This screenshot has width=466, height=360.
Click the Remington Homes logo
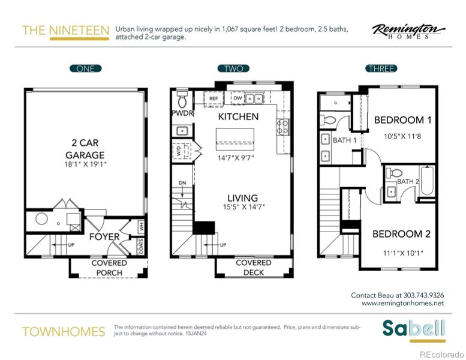coord(408,31)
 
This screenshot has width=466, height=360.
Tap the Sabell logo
coord(414,329)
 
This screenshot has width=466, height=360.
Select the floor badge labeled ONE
coord(85,68)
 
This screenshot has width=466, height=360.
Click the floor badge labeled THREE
coord(381,68)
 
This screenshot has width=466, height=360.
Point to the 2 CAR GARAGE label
coord(85,149)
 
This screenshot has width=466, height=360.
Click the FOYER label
coord(104,236)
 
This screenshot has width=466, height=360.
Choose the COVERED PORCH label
coord(109,268)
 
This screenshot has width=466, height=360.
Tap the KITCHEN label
coord(238,116)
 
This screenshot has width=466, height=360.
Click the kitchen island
coord(235,139)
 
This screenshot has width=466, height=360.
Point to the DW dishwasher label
coord(237,98)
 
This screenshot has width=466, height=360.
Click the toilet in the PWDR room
coord(182,98)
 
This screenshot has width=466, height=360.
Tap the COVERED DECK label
coord(253,268)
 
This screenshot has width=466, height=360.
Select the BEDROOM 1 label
coord(402,120)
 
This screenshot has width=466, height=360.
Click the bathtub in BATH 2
coord(427,182)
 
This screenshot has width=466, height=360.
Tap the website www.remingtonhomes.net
coord(402,304)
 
